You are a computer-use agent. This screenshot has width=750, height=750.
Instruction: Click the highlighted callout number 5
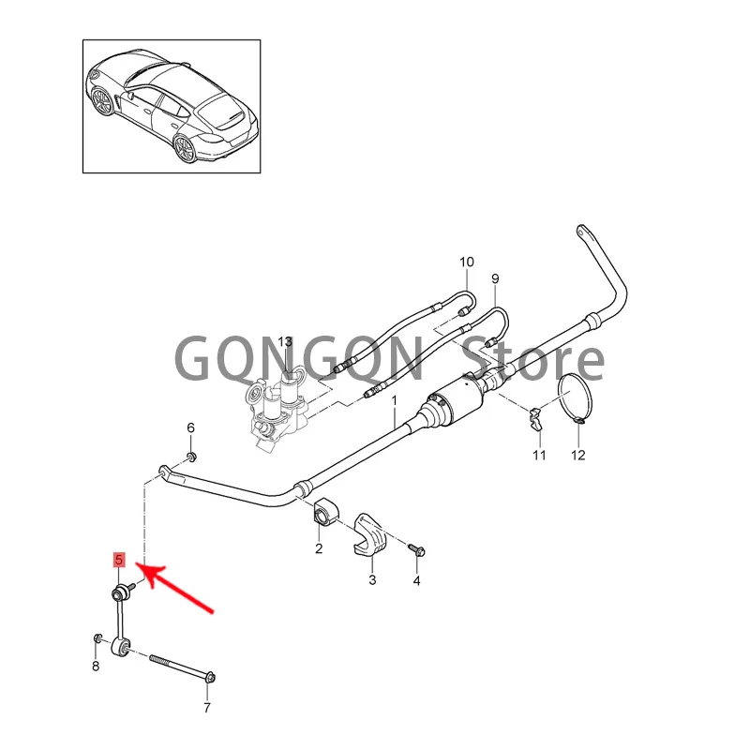point(119,561)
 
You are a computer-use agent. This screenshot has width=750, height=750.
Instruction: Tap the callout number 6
point(191,428)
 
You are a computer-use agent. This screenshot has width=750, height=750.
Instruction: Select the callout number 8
point(95,667)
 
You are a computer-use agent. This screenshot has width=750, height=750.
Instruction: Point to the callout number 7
point(208,707)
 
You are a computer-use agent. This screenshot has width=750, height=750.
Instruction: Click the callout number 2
point(319,548)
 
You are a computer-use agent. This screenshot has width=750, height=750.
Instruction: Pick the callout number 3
point(371,581)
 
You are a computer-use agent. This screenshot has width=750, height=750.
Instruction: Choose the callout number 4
point(417,581)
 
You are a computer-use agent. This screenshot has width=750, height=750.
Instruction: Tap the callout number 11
point(539,456)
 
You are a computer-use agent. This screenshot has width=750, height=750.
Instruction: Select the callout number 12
point(577,456)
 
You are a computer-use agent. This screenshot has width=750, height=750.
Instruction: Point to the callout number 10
point(467,261)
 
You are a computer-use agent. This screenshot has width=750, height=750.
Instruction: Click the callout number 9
point(495,278)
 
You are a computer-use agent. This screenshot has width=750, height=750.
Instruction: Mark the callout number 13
point(285,341)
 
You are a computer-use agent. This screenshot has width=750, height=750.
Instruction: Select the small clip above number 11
point(537,419)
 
